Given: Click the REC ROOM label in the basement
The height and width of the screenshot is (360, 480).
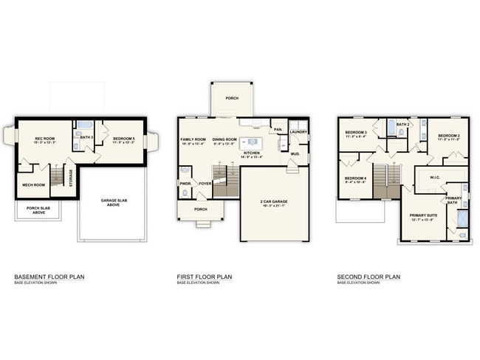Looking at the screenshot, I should (46, 138).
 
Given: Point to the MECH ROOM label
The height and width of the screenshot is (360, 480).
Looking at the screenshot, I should (33, 185).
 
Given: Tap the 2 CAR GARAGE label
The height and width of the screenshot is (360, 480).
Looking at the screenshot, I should (273, 201).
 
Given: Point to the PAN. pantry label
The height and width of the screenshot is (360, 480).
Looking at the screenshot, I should (278, 130).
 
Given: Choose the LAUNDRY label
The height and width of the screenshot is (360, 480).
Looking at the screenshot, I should (298, 132).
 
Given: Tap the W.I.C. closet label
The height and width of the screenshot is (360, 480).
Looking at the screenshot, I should (435, 177).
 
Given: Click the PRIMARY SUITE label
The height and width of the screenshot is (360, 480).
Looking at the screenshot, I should (424, 215).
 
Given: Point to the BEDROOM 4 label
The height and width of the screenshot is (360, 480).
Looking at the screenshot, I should (354, 178).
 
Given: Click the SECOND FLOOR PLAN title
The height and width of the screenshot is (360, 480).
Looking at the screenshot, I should (368, 277).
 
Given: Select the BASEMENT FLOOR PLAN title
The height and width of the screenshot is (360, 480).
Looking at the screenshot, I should (49, 277).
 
